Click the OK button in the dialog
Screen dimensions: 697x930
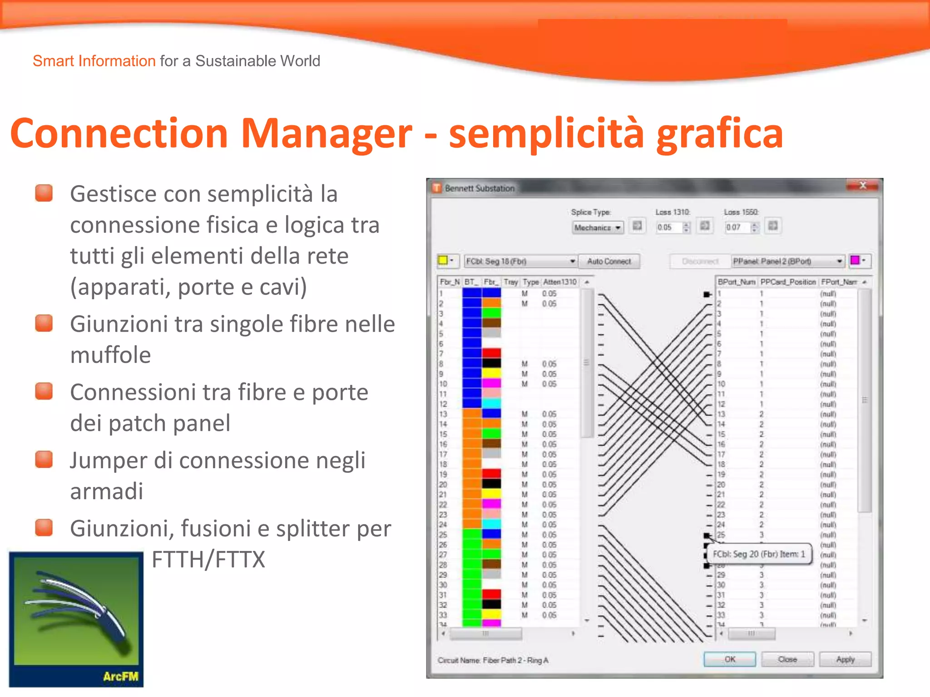click(x=729, y=659)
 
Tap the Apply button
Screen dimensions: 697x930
click(x=845, y=659)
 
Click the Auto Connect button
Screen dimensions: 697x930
click(x=609, y=261)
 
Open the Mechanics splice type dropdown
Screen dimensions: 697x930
click(x=598, y=227)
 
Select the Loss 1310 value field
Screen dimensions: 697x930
click(x=668, y=227)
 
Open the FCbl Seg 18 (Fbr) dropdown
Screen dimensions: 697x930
click(x=520, y=261)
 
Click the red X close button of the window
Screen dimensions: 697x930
click(x=862, y=186)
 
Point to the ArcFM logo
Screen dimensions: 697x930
click(x=76, y=619)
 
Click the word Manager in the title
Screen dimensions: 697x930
click(x=326, y=133)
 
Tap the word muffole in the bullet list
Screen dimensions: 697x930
click(x=110, y=355)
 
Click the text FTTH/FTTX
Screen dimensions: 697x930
click(x=208, y=559)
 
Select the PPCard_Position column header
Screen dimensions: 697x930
click(x=788, y=282)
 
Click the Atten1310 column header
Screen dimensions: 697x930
click(x=560, y=282)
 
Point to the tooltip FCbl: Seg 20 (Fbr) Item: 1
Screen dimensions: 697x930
click(x=759, y=554)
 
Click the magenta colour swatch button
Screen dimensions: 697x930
click(x=855, y=260)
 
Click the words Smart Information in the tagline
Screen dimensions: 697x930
click(x=94, y=61)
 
